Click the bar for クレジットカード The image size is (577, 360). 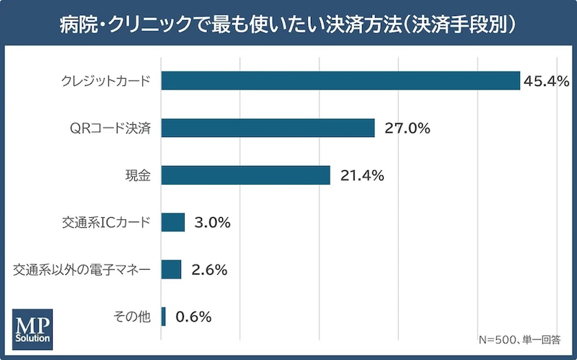[340, 81]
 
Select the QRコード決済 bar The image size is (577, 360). [268, 128]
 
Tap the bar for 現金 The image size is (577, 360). [246, 175]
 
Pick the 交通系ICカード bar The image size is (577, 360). [173, 222]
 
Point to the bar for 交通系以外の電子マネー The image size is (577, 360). [171, 269]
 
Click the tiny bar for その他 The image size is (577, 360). [164, 317]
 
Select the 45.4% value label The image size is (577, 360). [547, 81]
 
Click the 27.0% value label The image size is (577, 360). [408, 128]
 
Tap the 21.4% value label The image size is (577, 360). [362, 175]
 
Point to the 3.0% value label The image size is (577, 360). [212, 223]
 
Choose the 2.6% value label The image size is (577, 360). [209, 270]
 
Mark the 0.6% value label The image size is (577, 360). [193, 317]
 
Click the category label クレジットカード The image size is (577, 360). [106, 81]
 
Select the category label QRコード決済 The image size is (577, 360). [110, 128]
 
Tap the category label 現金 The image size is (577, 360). [138, 175]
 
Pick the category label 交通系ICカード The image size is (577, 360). [106, 223]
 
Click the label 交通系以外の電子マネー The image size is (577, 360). [82, 270]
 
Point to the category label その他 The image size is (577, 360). [132, 317]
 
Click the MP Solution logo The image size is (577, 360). [32, 330]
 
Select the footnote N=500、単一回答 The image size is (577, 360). [519, 340]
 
